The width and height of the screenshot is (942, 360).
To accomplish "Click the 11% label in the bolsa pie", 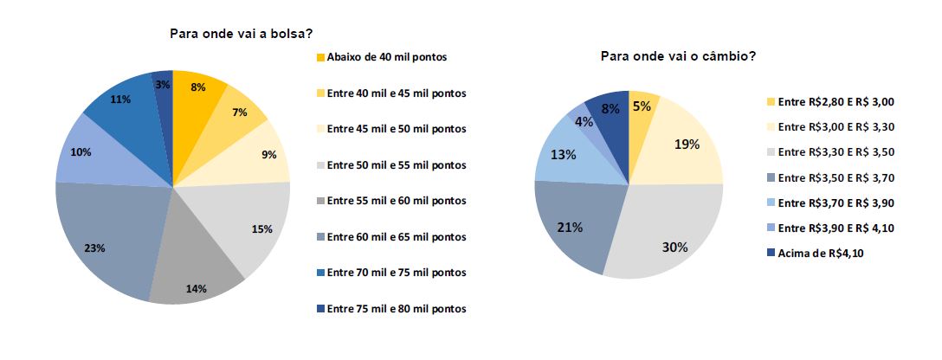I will point(120,100).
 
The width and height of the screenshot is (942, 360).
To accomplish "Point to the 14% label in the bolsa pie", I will point(196,288).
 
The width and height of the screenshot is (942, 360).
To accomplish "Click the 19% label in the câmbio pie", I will point(687,144).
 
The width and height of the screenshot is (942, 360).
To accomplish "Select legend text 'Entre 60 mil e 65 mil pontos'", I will point(397,237).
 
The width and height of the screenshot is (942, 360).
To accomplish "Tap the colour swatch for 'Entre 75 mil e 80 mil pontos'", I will point(320,309).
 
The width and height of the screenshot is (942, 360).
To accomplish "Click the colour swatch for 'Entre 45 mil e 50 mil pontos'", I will point(320,129).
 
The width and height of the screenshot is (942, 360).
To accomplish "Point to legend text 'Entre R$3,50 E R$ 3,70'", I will point(835,177).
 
